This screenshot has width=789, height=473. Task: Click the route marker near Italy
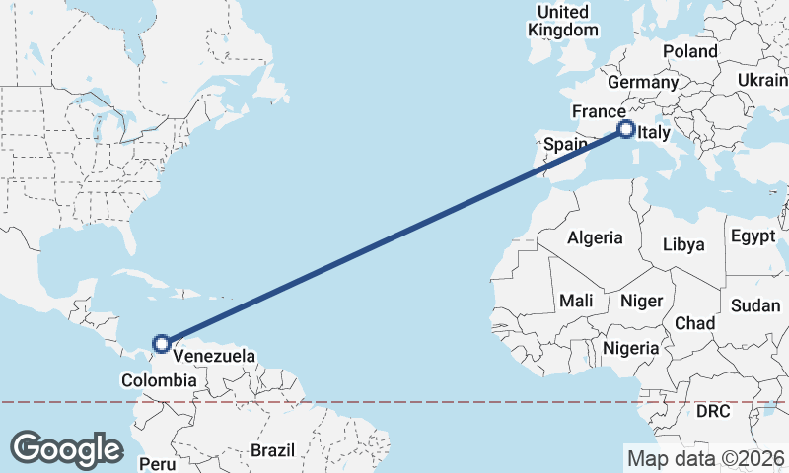click(x=625, y=128)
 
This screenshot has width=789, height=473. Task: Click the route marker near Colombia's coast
click(x=162, y=344)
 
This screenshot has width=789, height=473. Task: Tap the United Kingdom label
click(x=562, y=21)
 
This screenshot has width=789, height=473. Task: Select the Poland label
click(x=690, y=51)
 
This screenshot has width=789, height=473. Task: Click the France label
click(x=598, y=111)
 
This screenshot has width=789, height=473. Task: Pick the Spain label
click(x=566, y=144)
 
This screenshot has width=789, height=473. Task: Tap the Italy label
click(x=654, y=133)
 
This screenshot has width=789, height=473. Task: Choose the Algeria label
click(x=595, y=237)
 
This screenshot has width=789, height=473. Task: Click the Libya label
click(x=684, y=243)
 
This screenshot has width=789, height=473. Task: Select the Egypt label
click(x=754, y=236)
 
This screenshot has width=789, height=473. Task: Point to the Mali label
click(x=575, y=300)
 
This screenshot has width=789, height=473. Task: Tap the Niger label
click(x=641, y=300)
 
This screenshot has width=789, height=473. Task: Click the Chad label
click(x=694, y=323)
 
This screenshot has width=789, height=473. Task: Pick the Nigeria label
click(x=630, y=348)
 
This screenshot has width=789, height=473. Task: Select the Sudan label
click(x=755, y=305)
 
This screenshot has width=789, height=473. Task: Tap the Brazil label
click(x=272, y=450)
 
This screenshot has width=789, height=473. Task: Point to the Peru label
click(x=156, y=462)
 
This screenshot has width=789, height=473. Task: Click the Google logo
click(x=66, y=448)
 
